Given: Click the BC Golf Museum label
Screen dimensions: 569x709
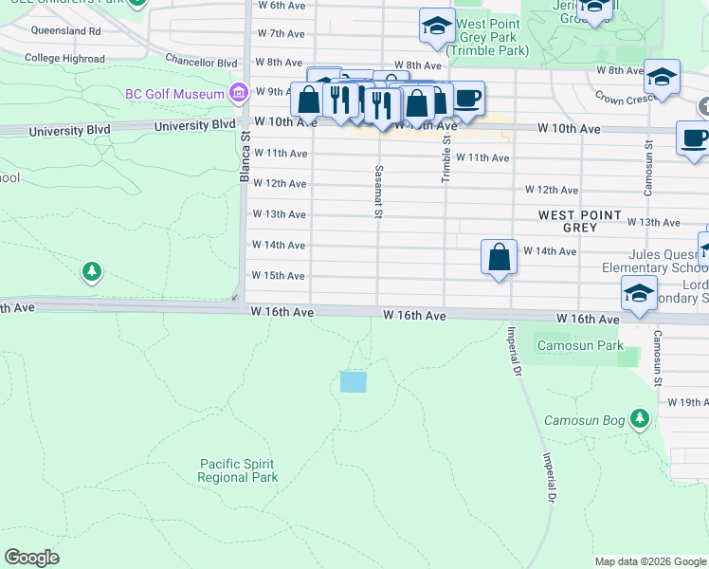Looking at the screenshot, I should coord(174,94).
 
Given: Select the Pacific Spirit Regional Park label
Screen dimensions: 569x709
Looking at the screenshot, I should coord(238,470).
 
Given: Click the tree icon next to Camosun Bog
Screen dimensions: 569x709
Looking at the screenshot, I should coord(641,417).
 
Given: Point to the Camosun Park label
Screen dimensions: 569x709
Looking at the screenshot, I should coord(580,346).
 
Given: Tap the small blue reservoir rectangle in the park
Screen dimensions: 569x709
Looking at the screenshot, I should coord(353,382).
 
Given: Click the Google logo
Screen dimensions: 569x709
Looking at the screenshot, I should coord(31,558).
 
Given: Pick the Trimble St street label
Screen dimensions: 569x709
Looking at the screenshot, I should coord(445,158).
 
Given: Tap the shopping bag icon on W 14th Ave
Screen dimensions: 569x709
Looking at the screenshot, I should coord(499,257).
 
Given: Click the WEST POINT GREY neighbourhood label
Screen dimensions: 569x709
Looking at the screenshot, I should coord(580,222).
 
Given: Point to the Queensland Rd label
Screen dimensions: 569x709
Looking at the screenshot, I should coord(65,30).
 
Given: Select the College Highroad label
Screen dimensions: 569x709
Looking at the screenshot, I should coord(65,58).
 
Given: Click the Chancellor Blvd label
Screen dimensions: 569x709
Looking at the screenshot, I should coord(200,64).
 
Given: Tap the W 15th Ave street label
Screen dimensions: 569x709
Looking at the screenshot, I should coord(278,275).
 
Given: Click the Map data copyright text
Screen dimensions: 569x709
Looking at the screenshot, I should coord(649,561).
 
